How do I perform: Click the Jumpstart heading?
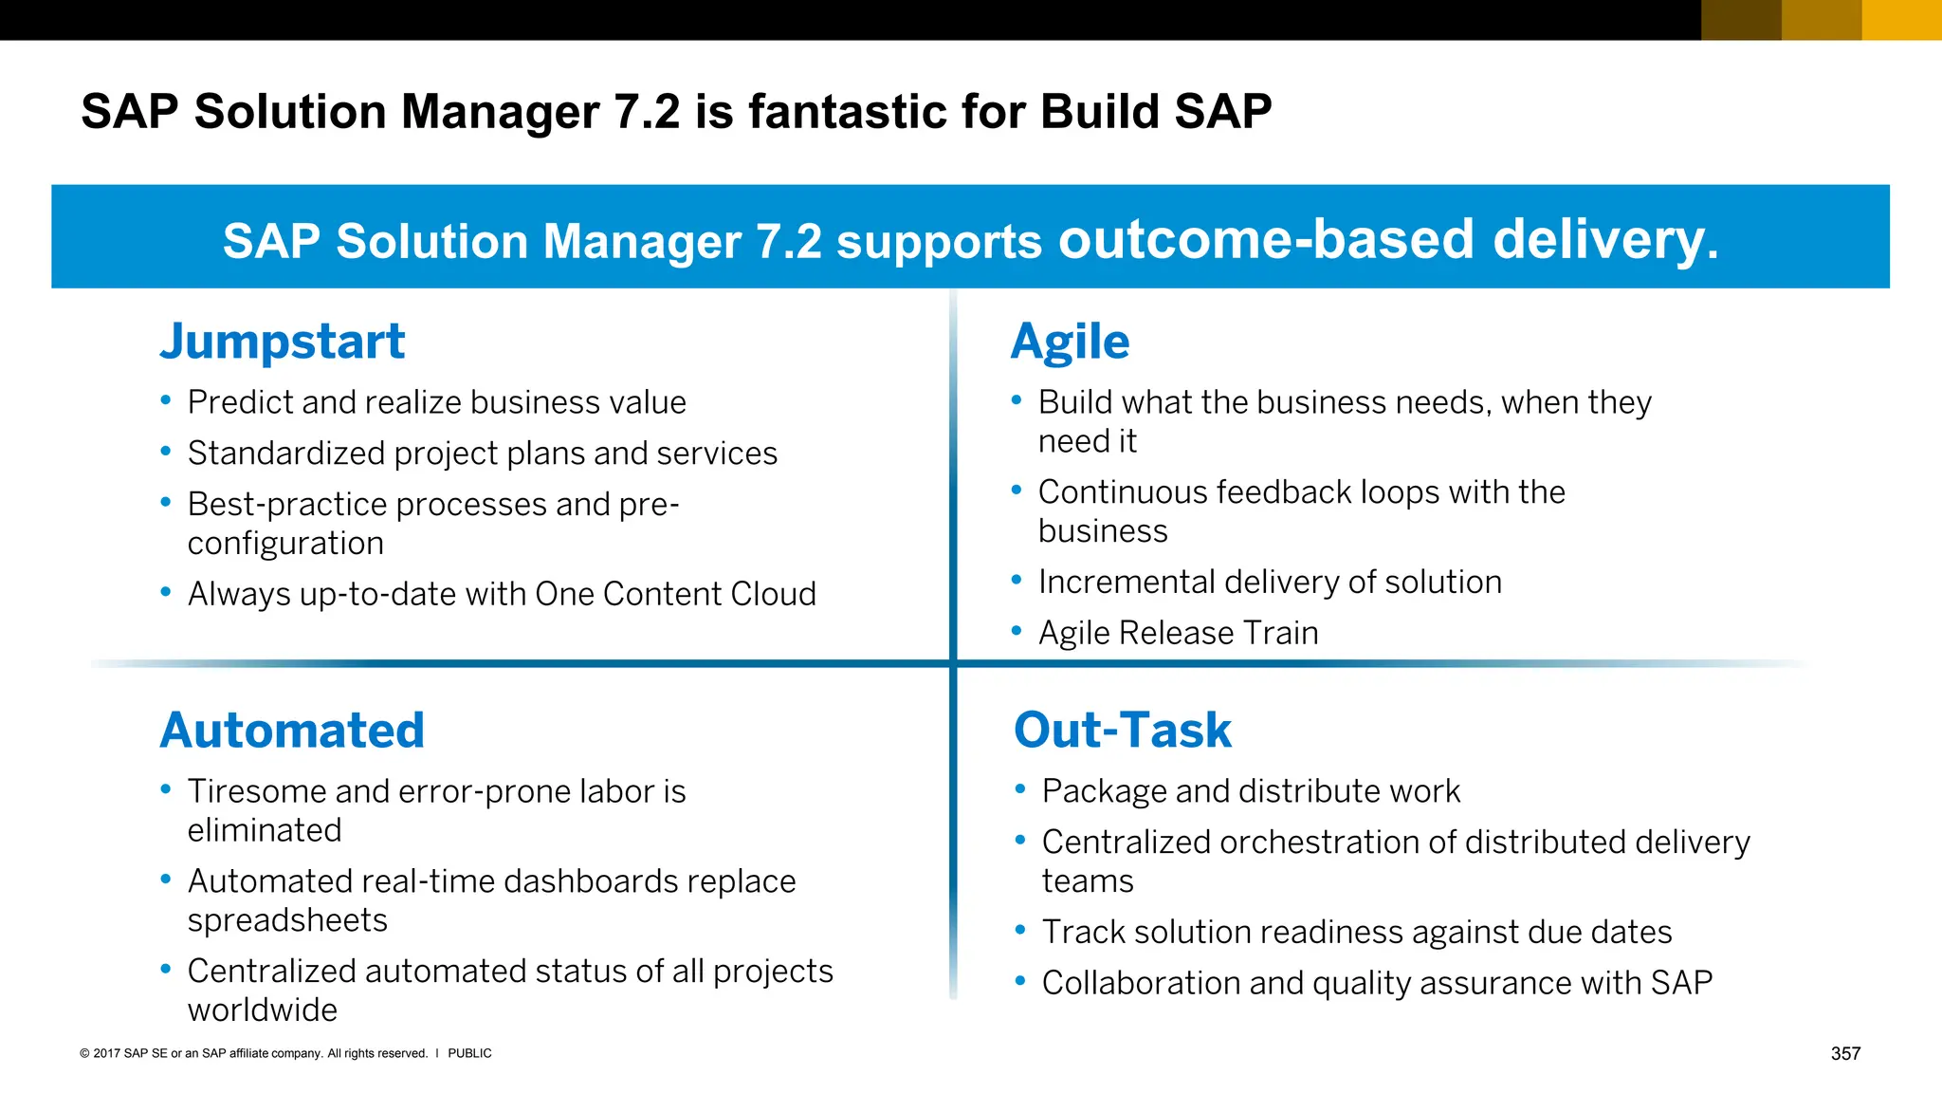tap(282, 343)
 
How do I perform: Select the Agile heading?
tap(1070, 343)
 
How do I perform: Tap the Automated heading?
tap(292, 731)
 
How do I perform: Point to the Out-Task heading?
tap(1123, 731)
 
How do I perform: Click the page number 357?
tap(1845, 1053)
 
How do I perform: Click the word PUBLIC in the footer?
tap(469, 1053)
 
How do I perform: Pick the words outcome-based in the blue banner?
tap(1266, 239)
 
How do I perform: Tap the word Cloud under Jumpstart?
tap(773, 594)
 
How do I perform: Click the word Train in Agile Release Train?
tap(1281, 633)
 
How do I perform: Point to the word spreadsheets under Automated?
tap(287, 920)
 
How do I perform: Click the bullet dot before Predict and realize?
tap(166, 400)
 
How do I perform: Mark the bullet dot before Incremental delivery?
tap(1017, 580)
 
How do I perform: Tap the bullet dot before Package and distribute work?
tap(1020, 788)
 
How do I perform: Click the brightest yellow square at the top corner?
tap(1901, 20)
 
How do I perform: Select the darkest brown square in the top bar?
tap(1741, 20)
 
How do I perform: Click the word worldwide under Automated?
tap(263, 1010)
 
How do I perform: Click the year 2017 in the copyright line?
tap(106, 1053)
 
